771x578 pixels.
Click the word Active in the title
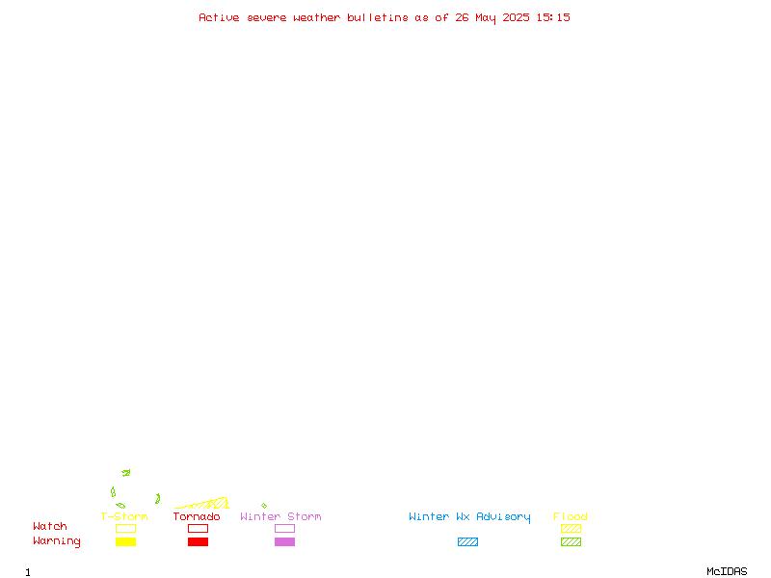[219, 17]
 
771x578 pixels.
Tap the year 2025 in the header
[516, 17]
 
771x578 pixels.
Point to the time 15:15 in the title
[553, 17]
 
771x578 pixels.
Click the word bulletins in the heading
[378, 17]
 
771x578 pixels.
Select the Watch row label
[50, 526]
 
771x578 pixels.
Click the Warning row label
[57, 541]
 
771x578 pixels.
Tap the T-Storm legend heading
[124, 516]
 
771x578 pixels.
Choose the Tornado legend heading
[197, 516]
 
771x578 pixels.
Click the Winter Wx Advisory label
[469, 517]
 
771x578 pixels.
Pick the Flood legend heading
[571, 516]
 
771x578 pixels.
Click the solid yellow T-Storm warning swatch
[126, 541]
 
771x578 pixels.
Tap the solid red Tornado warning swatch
[199, 541]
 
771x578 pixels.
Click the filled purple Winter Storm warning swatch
[284, 541]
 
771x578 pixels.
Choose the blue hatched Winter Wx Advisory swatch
[467, 541]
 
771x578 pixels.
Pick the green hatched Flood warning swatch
[571, 541]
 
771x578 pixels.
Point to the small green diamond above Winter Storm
[264, 505]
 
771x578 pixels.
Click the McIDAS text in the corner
[727, 571]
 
